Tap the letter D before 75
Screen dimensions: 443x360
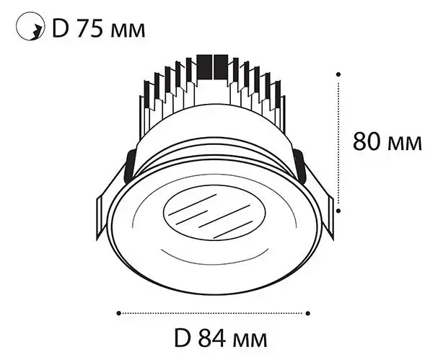click(x=61, y=29)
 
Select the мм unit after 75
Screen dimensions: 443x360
click(x=128, y=31)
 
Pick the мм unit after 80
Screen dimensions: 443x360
click(x=405, y=144)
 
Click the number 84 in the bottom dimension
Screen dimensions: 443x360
click(x=212, y=338)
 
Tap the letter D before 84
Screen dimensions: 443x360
click(x=183, y=338)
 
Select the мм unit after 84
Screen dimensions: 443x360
click(x=250, y=341)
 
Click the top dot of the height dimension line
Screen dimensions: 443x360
click(x=338, y=74)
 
